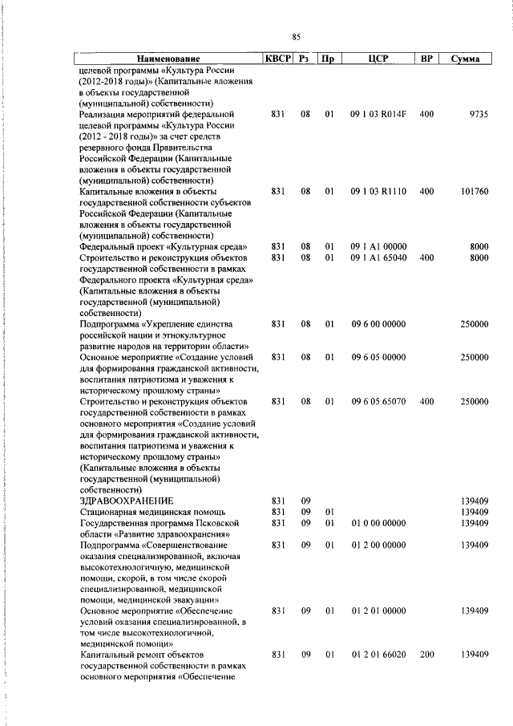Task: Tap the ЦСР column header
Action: tap(378, 59)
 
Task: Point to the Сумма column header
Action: tap(465, 59)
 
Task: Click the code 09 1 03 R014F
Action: tap(378, 115)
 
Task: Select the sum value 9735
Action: tap(476, 115)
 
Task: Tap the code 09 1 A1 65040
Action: tap(378, 258)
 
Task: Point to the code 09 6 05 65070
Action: tap(378, 400)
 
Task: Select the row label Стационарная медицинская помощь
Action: tap(152, 511)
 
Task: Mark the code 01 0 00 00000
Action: tap(378, 522)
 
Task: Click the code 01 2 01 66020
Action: tap(378, 655)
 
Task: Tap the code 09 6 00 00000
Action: tap(378, 323)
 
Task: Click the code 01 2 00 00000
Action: tap(378, 545)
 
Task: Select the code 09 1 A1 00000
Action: tap(378, 246)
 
